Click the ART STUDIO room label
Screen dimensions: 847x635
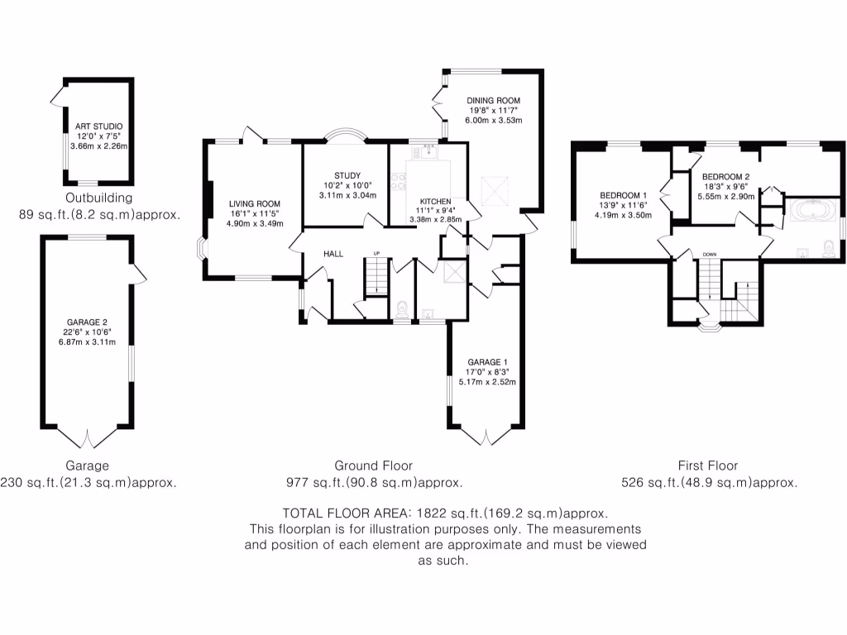[x=99, y=127]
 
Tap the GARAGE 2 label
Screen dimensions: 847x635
[x=87, y=322]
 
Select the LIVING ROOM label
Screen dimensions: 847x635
[x=255, y=203]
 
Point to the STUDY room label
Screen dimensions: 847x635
[x=347, y=175]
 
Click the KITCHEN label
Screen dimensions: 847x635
[x=435, y=202]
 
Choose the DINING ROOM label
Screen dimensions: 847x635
[x=493, y=100]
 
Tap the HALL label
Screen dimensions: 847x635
[x=333, y=254]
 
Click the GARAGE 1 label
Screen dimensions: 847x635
[x=487, y=362]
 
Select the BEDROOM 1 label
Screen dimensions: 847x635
[x=623, y=195]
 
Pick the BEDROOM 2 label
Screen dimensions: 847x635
[x=725, y=177]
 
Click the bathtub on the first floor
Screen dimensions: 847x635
[x=812, y=211]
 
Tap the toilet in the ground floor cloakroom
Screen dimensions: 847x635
[x=401, y=310]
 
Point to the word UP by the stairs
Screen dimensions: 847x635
[x=376, y=253]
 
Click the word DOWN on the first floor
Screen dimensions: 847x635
[x=710, y=255]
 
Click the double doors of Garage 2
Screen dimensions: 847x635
[x=87, y=437]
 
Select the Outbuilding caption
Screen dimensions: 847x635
[x=99, y=198]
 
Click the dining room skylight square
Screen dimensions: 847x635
[x=495, y=191]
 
